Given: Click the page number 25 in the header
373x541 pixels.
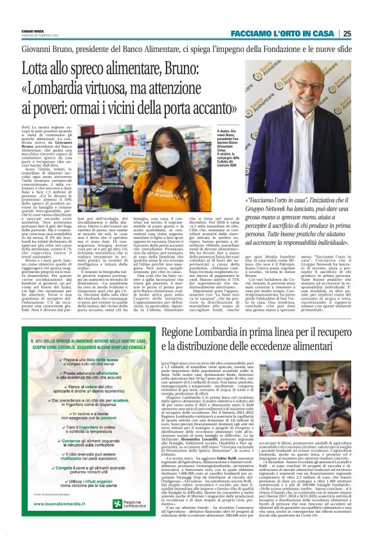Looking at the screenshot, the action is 365,15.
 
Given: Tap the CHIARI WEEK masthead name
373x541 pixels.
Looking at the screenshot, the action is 28,11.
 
